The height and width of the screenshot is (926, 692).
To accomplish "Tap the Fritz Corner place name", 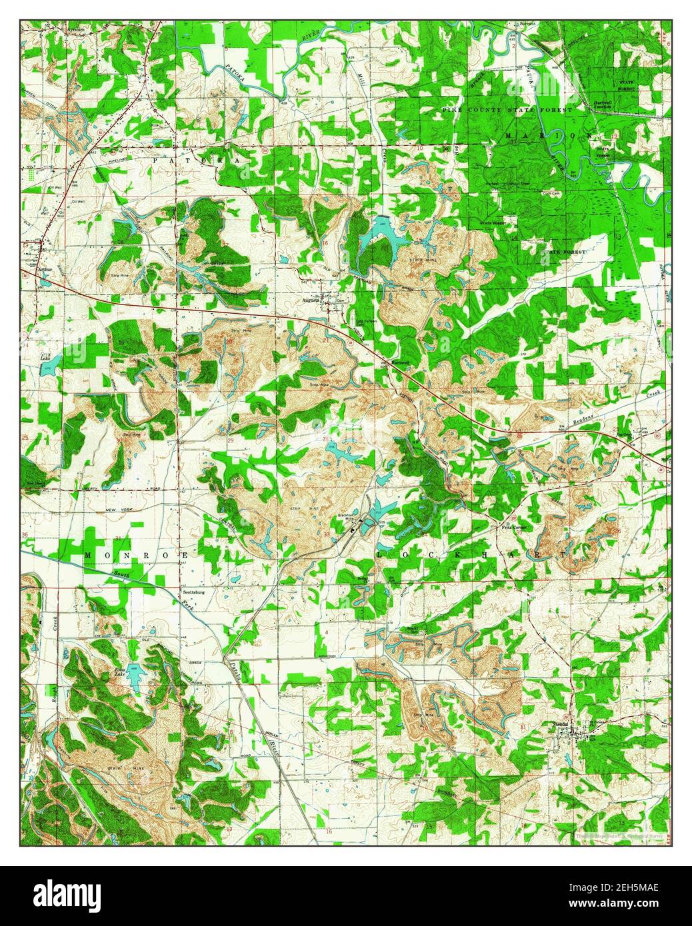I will (515, 526).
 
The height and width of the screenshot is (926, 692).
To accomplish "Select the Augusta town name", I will (311, 300).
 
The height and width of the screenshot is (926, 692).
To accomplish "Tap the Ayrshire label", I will (55, 30).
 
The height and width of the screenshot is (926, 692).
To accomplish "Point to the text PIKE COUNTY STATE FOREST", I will (507, 109).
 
